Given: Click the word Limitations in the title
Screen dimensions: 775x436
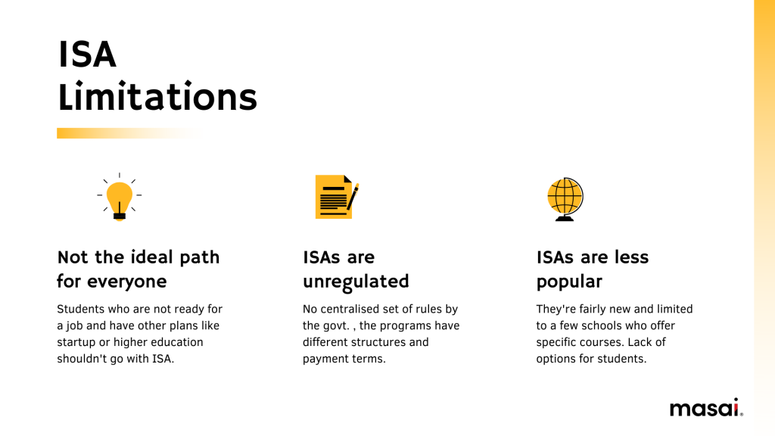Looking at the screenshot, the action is [x=157, y=96].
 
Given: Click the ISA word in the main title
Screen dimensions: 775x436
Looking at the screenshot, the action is [x=87, y=54].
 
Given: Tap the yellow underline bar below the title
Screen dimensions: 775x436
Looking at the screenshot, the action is [x=129, y=133].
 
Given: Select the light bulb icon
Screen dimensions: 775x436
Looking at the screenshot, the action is [x=119, y=197].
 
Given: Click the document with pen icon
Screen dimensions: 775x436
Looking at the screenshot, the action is [x=337, y=197].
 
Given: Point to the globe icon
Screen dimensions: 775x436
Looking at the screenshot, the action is [x=565, y=199].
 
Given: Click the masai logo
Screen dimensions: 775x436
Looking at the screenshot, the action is [x=706, y=408].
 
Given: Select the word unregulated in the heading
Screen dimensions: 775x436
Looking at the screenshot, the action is [x=356, y=282].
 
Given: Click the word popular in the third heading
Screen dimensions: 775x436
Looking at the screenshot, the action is [x=569, y=282].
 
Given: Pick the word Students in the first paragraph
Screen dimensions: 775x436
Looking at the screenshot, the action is [x=80, y=309].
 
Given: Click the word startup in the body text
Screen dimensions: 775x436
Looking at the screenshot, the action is [x=76, y=343].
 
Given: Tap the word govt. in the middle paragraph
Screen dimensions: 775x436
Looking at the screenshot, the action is [x=335, y=326].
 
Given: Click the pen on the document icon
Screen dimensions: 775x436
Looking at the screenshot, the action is [x=353, y=197].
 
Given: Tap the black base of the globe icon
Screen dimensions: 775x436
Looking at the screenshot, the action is [x=565, y=218].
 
